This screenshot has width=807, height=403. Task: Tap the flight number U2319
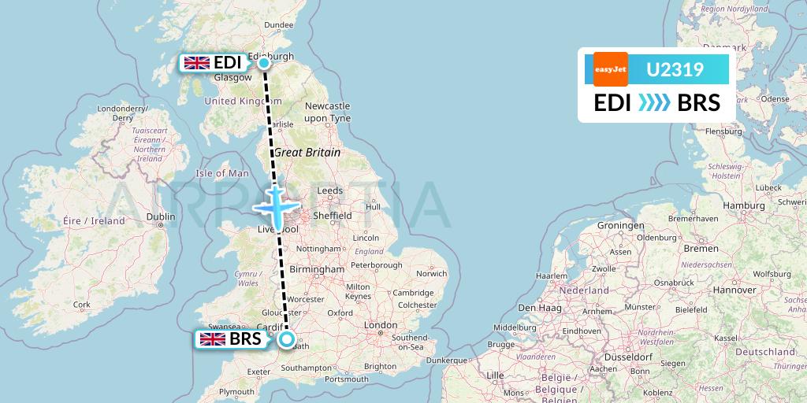click(x=675, y=69)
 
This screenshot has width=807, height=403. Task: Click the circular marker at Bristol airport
click(x=286, y=340)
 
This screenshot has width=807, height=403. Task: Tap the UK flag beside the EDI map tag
click(x=196, y=63)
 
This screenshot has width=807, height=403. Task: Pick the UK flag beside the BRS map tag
click(x=213, y=340)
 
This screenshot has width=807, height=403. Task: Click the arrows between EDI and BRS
click(x=653, y=102)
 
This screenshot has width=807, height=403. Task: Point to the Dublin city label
click(x=160, y=216)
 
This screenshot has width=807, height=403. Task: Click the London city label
click(x=381, y=325)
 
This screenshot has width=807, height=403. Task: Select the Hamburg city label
click(x=743, y=205)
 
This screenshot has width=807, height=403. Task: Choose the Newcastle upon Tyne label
click(x=327, y=112)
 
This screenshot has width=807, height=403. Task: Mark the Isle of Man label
click(x=222, y=173)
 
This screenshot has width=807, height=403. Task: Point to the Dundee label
click(x=278, y=25)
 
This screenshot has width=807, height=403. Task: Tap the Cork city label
click(x=81, y=305)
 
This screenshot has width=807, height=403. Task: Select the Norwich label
click(x=431, y=274)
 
